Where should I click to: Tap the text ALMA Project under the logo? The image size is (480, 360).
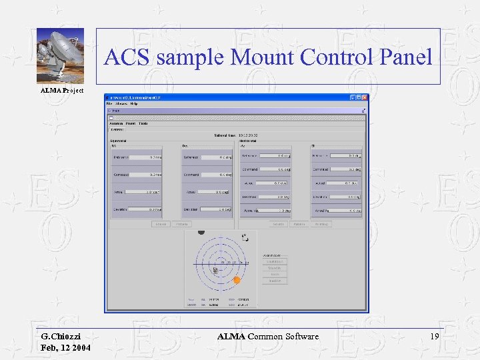coord(62,90)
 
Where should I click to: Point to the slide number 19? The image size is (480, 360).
coord(435,337)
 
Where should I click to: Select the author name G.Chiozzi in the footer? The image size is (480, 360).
coord(62,337)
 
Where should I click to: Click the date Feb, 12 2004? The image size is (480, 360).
coord(65,349)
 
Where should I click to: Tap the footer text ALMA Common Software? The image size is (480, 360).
coord(268,337)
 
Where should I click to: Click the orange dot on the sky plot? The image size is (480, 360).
coord(236,281)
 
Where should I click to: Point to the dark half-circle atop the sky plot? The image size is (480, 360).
coord(201,233)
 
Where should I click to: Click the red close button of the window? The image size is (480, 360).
coord(364,97)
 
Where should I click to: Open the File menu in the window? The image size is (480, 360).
coord(109,103)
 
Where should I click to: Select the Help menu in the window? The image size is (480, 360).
coord(134,103)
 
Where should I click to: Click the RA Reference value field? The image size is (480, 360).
coord(147,157)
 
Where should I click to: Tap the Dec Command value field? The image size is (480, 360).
coord(217,175)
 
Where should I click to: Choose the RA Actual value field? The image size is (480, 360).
coord(147,192)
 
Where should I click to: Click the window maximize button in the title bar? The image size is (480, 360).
coord(358,97)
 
